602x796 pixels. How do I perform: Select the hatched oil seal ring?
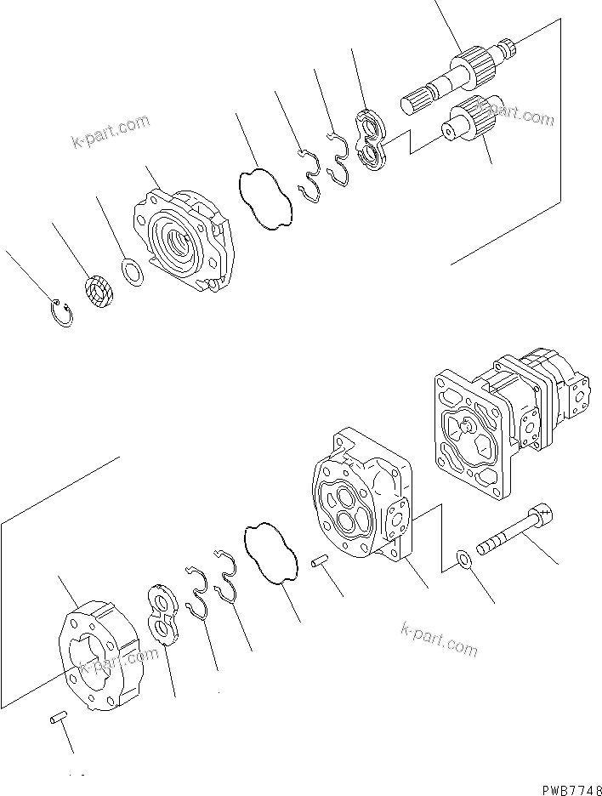99,293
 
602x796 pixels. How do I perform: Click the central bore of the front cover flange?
181,242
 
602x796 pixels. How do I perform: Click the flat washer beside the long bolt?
464,560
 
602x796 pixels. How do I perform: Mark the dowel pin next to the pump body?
321,560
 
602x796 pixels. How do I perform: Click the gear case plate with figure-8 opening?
100,655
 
